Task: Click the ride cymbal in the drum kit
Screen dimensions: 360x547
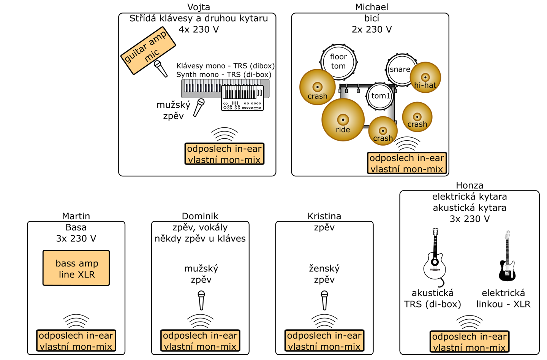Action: [x=343, y=120]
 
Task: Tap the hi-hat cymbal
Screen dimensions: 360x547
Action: [x=425, y=78]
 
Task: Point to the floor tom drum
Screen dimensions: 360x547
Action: [x=338, y=61]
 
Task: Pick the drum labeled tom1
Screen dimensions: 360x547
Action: [x=380, y=96]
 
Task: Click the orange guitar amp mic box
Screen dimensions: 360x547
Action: [x=148, y=50]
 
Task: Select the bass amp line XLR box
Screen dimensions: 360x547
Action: [x=76, y=268]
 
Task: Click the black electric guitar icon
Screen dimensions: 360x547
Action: [x=507, y=256]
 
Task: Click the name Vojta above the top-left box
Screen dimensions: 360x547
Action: [x=198, y=7]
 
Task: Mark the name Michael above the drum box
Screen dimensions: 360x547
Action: [x=372, y=7]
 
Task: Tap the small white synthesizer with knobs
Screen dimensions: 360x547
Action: [x=242, y=98]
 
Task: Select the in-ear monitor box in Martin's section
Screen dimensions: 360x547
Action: [x=76, y=341]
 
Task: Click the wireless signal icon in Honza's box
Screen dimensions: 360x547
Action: [x=470, y=322]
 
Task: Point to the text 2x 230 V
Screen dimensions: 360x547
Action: [x=372, y=29]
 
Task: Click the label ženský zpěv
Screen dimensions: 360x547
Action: [x=324, y=274]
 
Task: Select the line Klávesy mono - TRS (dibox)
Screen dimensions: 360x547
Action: [x=225, y=66]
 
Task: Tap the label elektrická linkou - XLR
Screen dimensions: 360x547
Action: [x=503, y=298]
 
